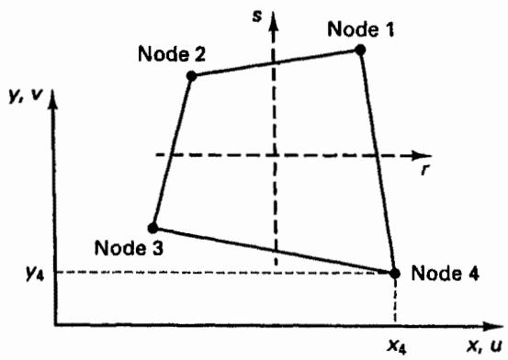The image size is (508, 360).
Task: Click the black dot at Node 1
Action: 360,51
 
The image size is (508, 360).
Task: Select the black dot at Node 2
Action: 191,76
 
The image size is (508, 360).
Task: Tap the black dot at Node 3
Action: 152,228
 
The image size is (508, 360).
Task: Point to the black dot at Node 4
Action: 395,274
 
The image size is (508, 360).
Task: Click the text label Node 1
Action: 361,29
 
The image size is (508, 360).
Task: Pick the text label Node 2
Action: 172,53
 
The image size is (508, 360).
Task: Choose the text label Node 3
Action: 129,248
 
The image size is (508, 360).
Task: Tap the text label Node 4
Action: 446,273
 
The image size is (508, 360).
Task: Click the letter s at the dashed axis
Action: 257,17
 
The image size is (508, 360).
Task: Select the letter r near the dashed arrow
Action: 424,170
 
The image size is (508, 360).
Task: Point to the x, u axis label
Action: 485,346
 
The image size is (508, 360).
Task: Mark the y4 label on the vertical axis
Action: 35,274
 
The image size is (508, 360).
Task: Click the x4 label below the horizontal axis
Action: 397,347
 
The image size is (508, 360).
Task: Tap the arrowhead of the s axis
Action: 274,21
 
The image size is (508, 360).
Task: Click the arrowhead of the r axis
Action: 422,155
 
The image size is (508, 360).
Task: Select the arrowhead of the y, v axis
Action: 53,99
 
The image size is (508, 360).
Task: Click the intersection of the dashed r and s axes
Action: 275,155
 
